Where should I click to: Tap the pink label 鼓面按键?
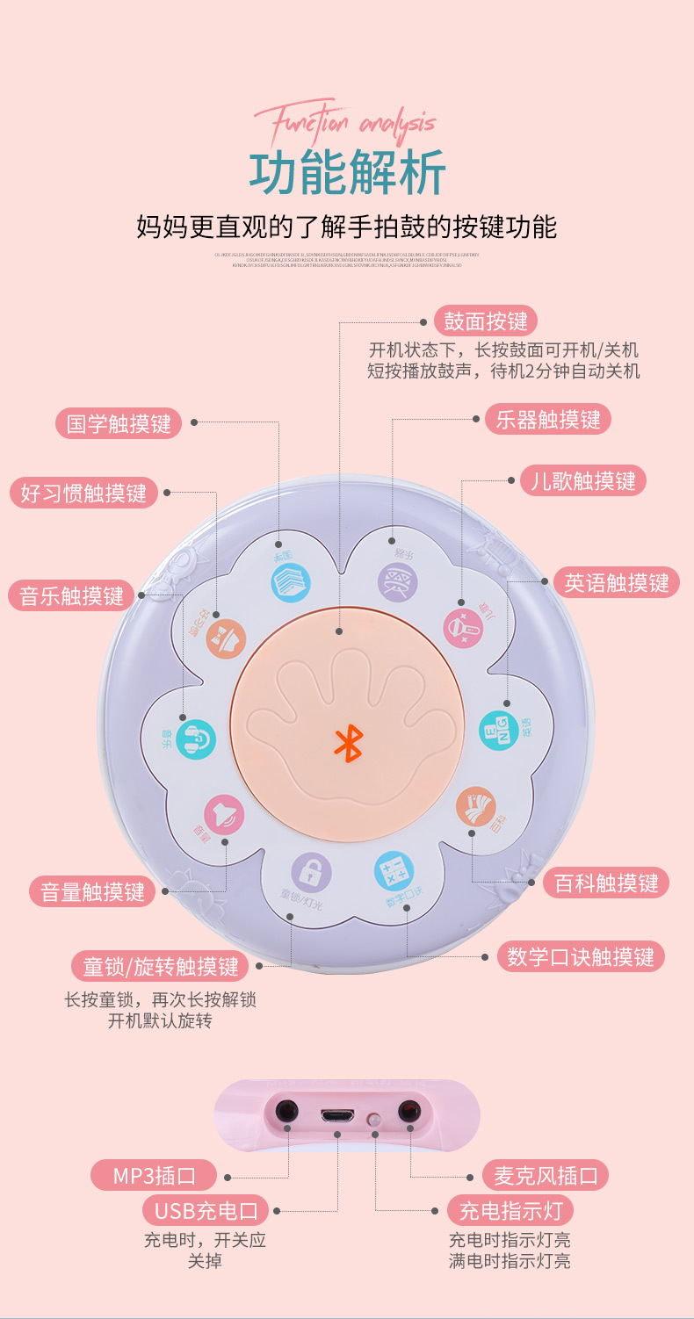(486, 321)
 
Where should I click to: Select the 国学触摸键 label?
(119, 423)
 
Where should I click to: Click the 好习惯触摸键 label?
(83, 492)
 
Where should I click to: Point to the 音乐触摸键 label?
(72, 595)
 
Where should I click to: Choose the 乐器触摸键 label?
(547, 419)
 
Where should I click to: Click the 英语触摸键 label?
(616, 583)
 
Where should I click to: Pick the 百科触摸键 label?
(606, 883)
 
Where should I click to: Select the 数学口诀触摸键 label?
(581, 956)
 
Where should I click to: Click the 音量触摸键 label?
(92, 892)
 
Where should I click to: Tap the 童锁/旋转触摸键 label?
(160, 967)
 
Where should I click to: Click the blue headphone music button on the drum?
(195, 739)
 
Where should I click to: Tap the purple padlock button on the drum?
(311, 872)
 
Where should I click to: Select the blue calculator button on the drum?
(394, 871)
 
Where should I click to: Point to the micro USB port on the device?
(338, 1116)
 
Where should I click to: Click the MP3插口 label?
(155, 1175)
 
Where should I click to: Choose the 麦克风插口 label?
(545, 1175)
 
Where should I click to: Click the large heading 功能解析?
(347, 172)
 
